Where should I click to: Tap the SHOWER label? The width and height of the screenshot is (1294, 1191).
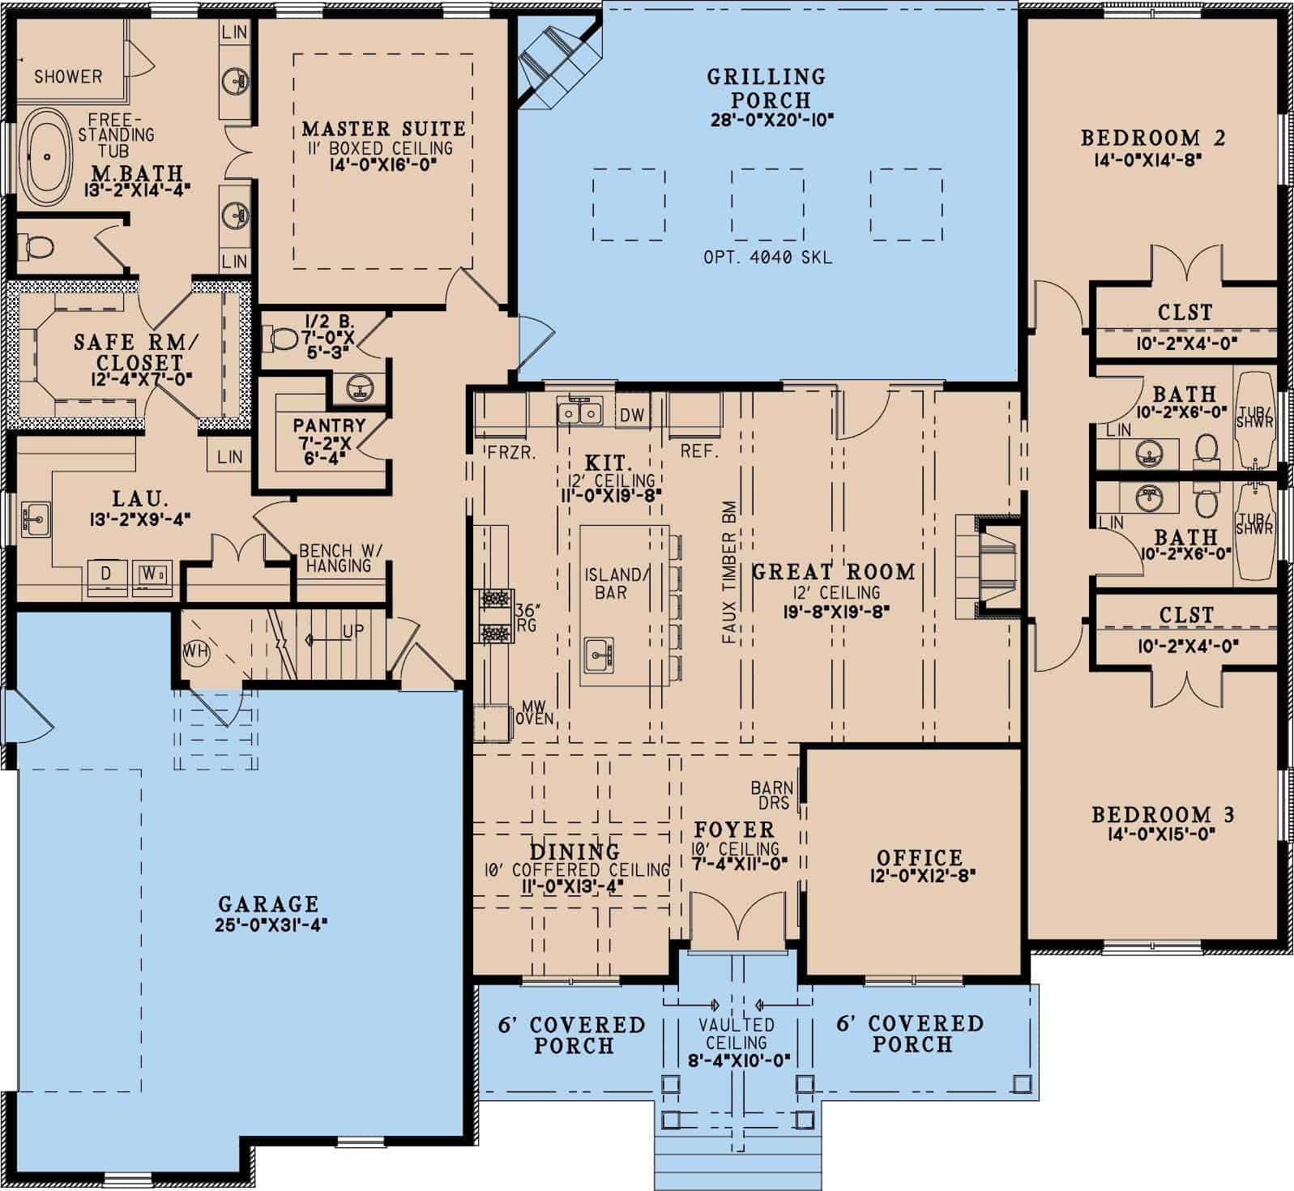pos(68,77)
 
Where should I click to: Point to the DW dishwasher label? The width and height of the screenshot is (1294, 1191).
pos(632,416)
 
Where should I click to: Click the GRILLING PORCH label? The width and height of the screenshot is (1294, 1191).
pos(767,88)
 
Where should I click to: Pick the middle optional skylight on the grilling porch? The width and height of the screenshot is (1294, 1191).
pos(767,204)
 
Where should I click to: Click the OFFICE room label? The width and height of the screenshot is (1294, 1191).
pos(920,858)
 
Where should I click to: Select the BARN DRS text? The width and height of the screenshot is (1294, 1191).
pos(773,795)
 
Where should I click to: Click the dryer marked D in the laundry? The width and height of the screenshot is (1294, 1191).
pos(107,574)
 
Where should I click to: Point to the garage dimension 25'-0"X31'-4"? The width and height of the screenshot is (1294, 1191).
pos(271,924)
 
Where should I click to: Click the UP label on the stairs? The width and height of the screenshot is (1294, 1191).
pos(353,631)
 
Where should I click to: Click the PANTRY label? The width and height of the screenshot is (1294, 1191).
pos(329,425)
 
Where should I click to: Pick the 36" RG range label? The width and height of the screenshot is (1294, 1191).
pos(527,618)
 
